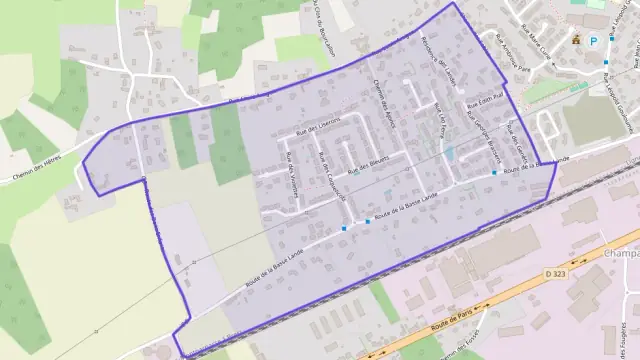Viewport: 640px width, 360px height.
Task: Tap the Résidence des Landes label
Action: (x=437, y=60)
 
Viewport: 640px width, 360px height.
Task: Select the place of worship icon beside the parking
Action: (x=576, y=40)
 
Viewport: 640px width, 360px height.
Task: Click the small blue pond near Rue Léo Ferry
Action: (x=449, y=153)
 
